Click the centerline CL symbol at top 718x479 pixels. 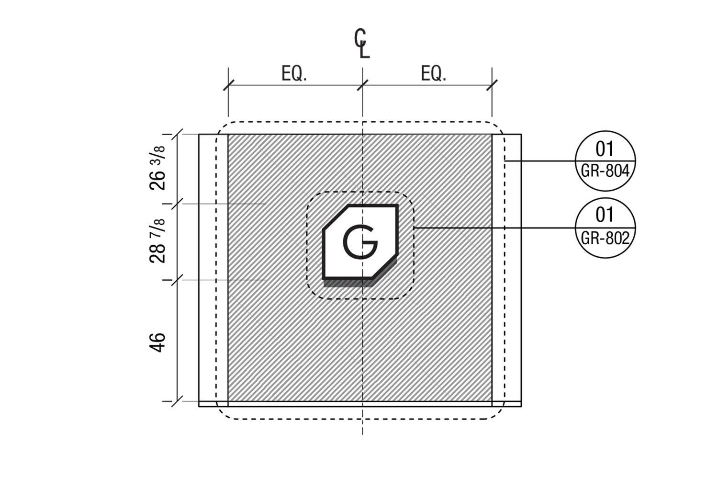(x=362, y=43)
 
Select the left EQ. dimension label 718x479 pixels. (x=293, y=74)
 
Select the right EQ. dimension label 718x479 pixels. (x=433, y=74)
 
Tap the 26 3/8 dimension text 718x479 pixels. (x=157, y=168)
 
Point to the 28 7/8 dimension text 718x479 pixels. (x=157, y=241)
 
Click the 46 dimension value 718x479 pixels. (x=157, y=342)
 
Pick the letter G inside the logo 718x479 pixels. (x=360, y=241)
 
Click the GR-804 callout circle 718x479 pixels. (x=605, y=161)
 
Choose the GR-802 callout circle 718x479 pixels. (x=605, y=228)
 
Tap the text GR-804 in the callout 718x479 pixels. (x=605, y=171)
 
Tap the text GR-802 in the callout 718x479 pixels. (x=605, y=238)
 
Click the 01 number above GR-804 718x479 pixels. (x=605, y=149)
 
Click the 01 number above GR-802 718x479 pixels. (x=605, y=215)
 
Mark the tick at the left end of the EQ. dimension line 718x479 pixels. (x=228, y=86)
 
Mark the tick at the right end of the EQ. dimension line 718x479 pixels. (x=492, y=86)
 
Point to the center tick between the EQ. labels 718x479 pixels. (x=362, y=86)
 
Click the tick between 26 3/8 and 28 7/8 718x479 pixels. (x=178, y=204)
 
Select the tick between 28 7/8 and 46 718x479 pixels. (x=178, y=280)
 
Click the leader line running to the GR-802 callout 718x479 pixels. (x=493, y=228)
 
